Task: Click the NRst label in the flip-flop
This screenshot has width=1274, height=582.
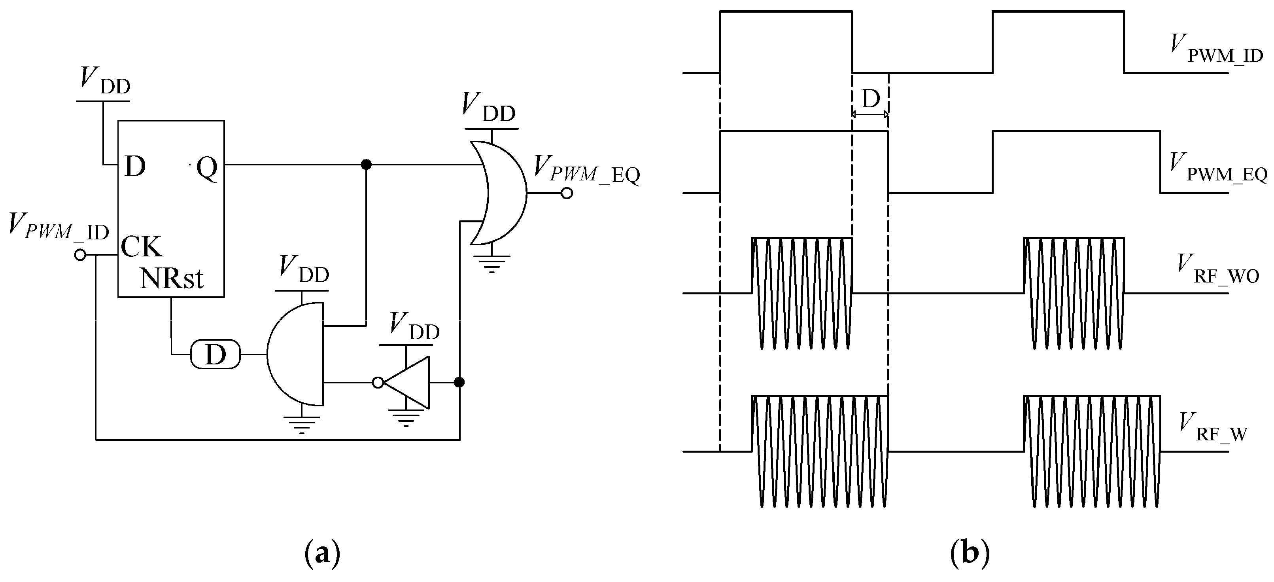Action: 172,279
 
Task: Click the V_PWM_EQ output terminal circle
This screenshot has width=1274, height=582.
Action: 567,193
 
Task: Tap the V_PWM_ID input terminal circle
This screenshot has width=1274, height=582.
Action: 80,255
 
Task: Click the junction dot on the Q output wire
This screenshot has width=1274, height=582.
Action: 366,164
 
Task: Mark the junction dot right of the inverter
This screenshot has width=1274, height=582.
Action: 459,383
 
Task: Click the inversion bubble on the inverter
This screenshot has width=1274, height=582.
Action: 378,383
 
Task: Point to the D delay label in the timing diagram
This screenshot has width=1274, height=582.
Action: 870,99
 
